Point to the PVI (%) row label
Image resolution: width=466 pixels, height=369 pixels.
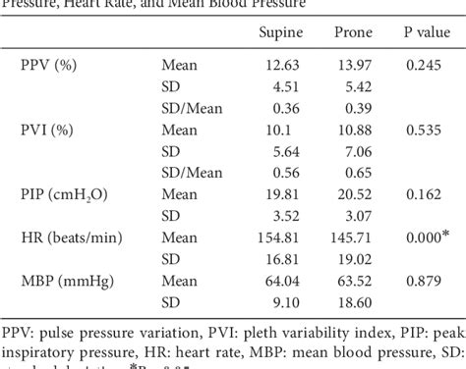[x=50, y=126]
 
